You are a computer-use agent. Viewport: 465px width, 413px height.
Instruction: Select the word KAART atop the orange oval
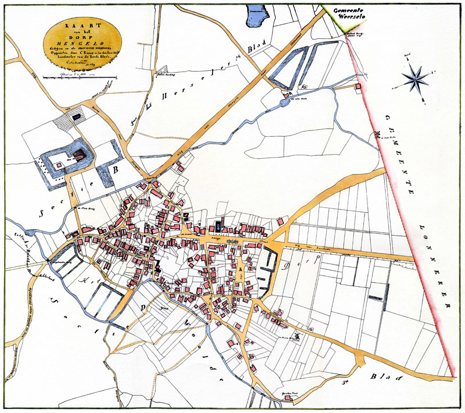coord(83,26)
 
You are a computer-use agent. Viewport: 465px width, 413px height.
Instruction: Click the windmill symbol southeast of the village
coord(298,334)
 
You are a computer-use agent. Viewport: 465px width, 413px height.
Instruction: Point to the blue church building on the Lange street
coord(218,226)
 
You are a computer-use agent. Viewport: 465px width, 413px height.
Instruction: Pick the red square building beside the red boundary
coord(359,87)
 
